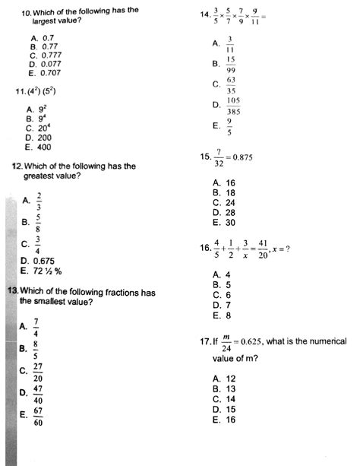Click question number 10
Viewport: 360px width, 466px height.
(27, 13)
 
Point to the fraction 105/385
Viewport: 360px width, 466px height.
(233, 105)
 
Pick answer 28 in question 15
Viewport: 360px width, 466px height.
(228, 213)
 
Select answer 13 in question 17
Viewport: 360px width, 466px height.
(227, 389)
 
